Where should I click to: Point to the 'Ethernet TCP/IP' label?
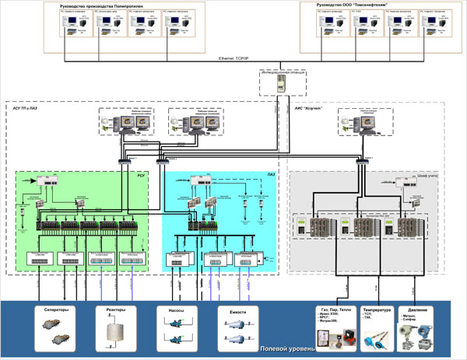coord(234,58)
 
